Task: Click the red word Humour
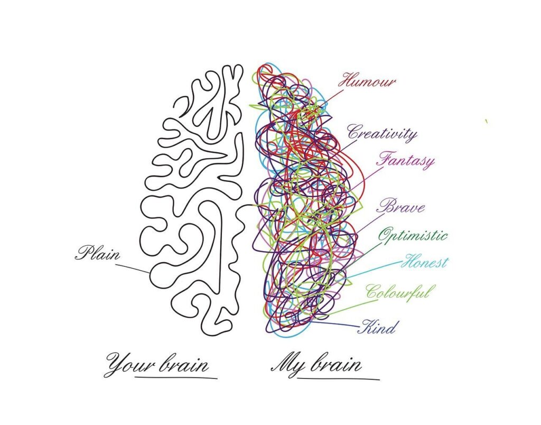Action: click(x=368, y=82)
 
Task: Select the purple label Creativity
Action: click(x=382, y=133)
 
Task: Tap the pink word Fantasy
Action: click(x=405, y=160)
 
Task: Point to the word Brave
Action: click(x=401, y=206)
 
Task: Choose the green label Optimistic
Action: click(x=413, y=235)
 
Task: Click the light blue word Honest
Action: click(x=425, y=262)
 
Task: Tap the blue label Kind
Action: click(x=377, y=328)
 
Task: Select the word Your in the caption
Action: click(x=124, y=365)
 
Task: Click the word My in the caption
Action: click(x=285, y=365)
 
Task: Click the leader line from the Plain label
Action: click(x=132, y=267)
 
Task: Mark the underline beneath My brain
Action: click(x=338, y=378)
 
